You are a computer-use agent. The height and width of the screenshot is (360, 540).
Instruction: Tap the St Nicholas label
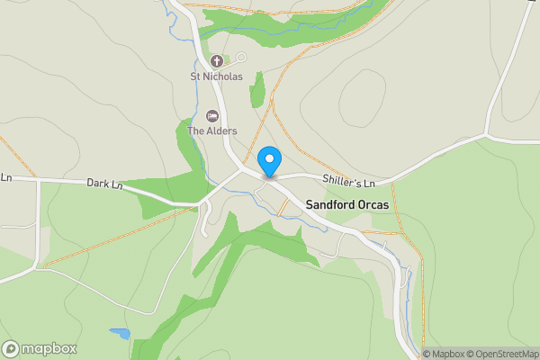click(x=216, y=77)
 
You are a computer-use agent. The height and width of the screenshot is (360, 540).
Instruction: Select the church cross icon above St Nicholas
click(x=216, y=61)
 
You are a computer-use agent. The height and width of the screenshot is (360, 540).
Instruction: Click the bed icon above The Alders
click(x=212, y=116)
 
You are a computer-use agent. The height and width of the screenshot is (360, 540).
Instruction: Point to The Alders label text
click(x=211, y=131)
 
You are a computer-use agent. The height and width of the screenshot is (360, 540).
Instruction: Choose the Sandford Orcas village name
click(x=354, y=205)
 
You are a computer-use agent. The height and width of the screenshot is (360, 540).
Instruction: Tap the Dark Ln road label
click(x=104, y=184)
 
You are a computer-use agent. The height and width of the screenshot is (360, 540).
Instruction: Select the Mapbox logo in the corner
click(x=39, y=348)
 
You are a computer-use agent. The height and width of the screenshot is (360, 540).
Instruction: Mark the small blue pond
click(x=120, y=333)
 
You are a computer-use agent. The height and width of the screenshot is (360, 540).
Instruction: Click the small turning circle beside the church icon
click(x=240, y=58)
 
